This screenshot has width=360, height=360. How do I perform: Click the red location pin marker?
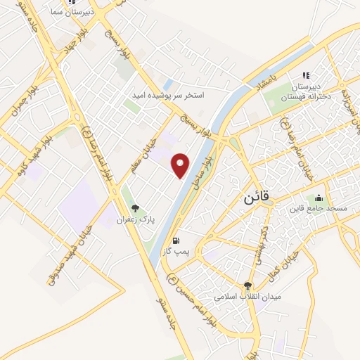[x=181, y=165]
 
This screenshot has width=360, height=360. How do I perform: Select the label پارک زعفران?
[x=135, y=220]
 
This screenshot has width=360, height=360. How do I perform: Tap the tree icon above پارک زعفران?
[x=135, y=208]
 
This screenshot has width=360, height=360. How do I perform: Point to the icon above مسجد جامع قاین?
[x=319, y=198]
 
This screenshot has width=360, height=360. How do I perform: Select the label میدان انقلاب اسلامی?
[x=247, y=297]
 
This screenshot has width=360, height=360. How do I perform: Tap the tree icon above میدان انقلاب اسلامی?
[x=247, y=285]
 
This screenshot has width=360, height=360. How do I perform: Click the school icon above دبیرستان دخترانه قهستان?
[x=305, y=75]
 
